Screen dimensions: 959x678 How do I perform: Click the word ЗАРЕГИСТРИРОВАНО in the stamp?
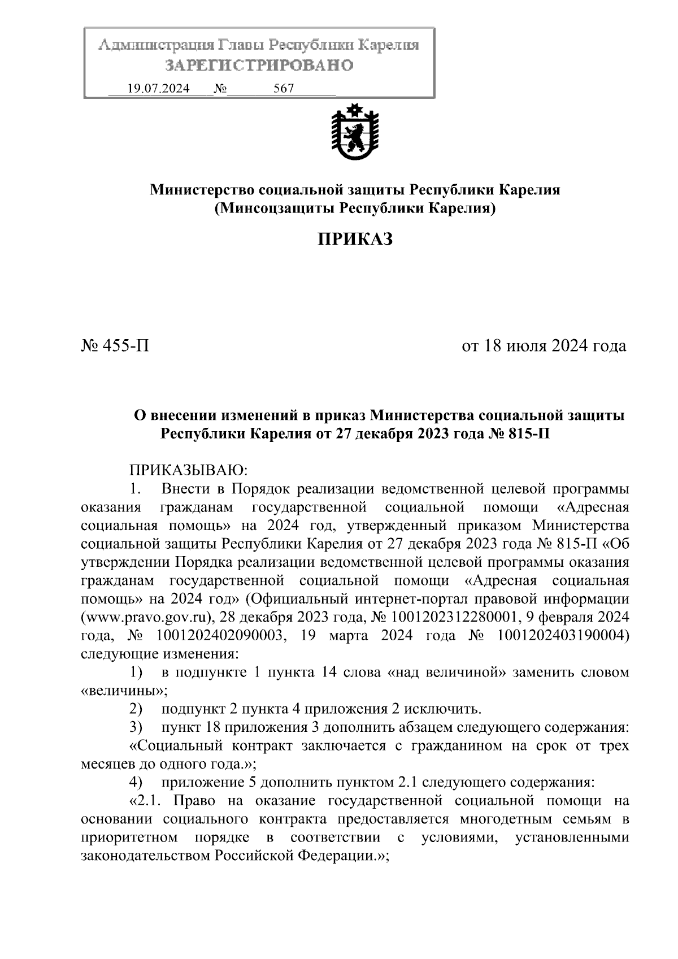(259, 66)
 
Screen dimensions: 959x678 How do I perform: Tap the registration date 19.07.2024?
(159, 89)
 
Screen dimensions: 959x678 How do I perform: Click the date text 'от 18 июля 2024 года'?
(544, 345)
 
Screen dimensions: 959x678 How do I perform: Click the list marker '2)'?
(136, 709)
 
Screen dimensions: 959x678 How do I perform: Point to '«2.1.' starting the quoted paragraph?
(149, 801)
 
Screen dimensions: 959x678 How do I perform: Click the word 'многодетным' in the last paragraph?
(516, 819)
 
